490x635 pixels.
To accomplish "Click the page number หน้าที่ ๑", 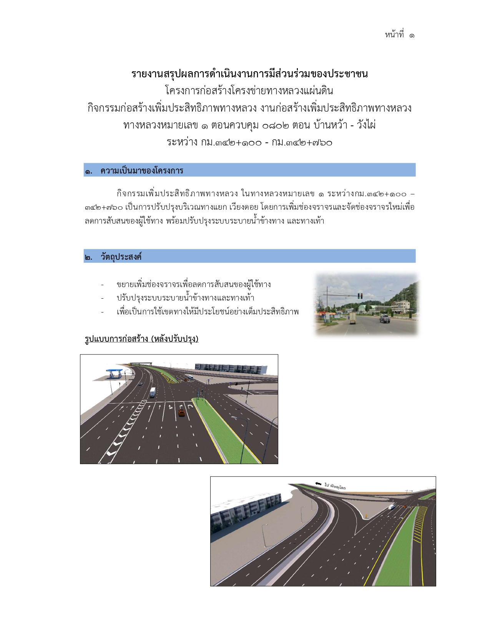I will tap(399, 35).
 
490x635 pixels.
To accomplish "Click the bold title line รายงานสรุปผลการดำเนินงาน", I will tap(249, 74).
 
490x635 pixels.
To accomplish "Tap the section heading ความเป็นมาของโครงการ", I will tap(141, 170).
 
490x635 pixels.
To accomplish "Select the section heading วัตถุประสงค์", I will tap(121, 257).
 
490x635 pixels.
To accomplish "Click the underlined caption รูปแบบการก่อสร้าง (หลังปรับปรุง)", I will tap(141, 339).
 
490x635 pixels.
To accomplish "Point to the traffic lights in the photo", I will tap(360, 296).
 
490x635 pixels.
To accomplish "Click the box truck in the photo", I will tap(352, 317).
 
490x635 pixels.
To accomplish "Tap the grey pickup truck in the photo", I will tap(384, 319).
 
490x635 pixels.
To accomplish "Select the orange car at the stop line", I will tap(181, 413).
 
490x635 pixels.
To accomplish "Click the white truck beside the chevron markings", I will tap(153, 392).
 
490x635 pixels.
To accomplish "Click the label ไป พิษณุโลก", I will tap(335, 486).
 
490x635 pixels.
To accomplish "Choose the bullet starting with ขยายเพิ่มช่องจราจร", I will tap(193, 285).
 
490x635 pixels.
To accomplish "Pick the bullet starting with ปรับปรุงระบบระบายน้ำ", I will tap(185, 298).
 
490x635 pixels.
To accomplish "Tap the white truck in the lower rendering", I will tap(392, 506).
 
